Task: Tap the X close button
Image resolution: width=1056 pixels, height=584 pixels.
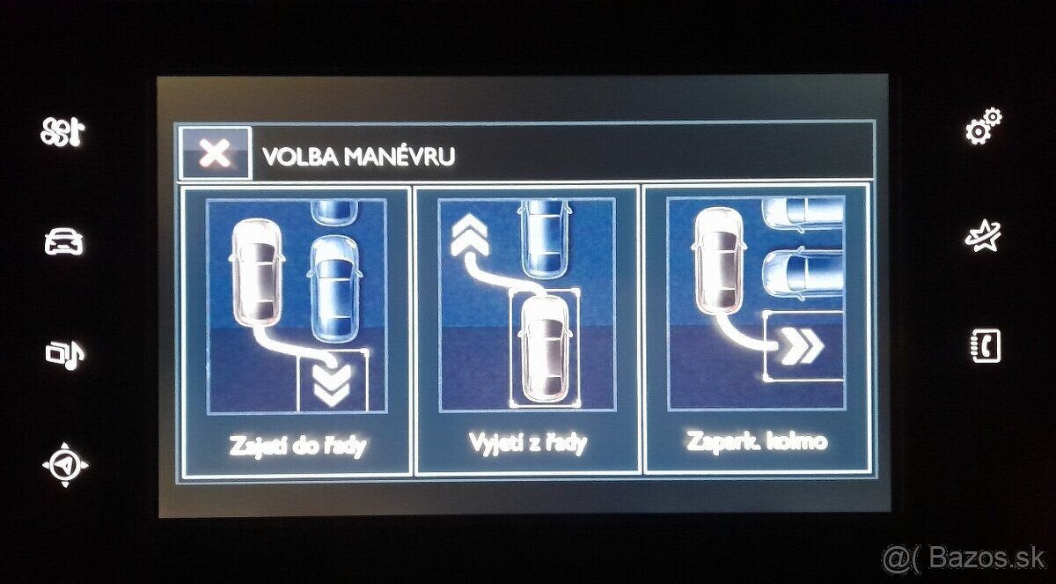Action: [x=215, y=154]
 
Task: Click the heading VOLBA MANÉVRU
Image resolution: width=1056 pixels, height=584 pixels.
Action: [x=358, y=157]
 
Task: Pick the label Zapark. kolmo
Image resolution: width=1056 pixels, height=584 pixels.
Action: [x=759, y=440]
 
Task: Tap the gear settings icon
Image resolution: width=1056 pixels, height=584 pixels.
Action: [x=983, y=129]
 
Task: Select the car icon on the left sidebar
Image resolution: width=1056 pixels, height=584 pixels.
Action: [x=65, y=241]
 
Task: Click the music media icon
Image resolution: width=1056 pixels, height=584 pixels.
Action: [x=65, y=353]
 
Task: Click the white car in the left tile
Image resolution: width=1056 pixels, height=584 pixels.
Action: [x=256, y=273]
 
